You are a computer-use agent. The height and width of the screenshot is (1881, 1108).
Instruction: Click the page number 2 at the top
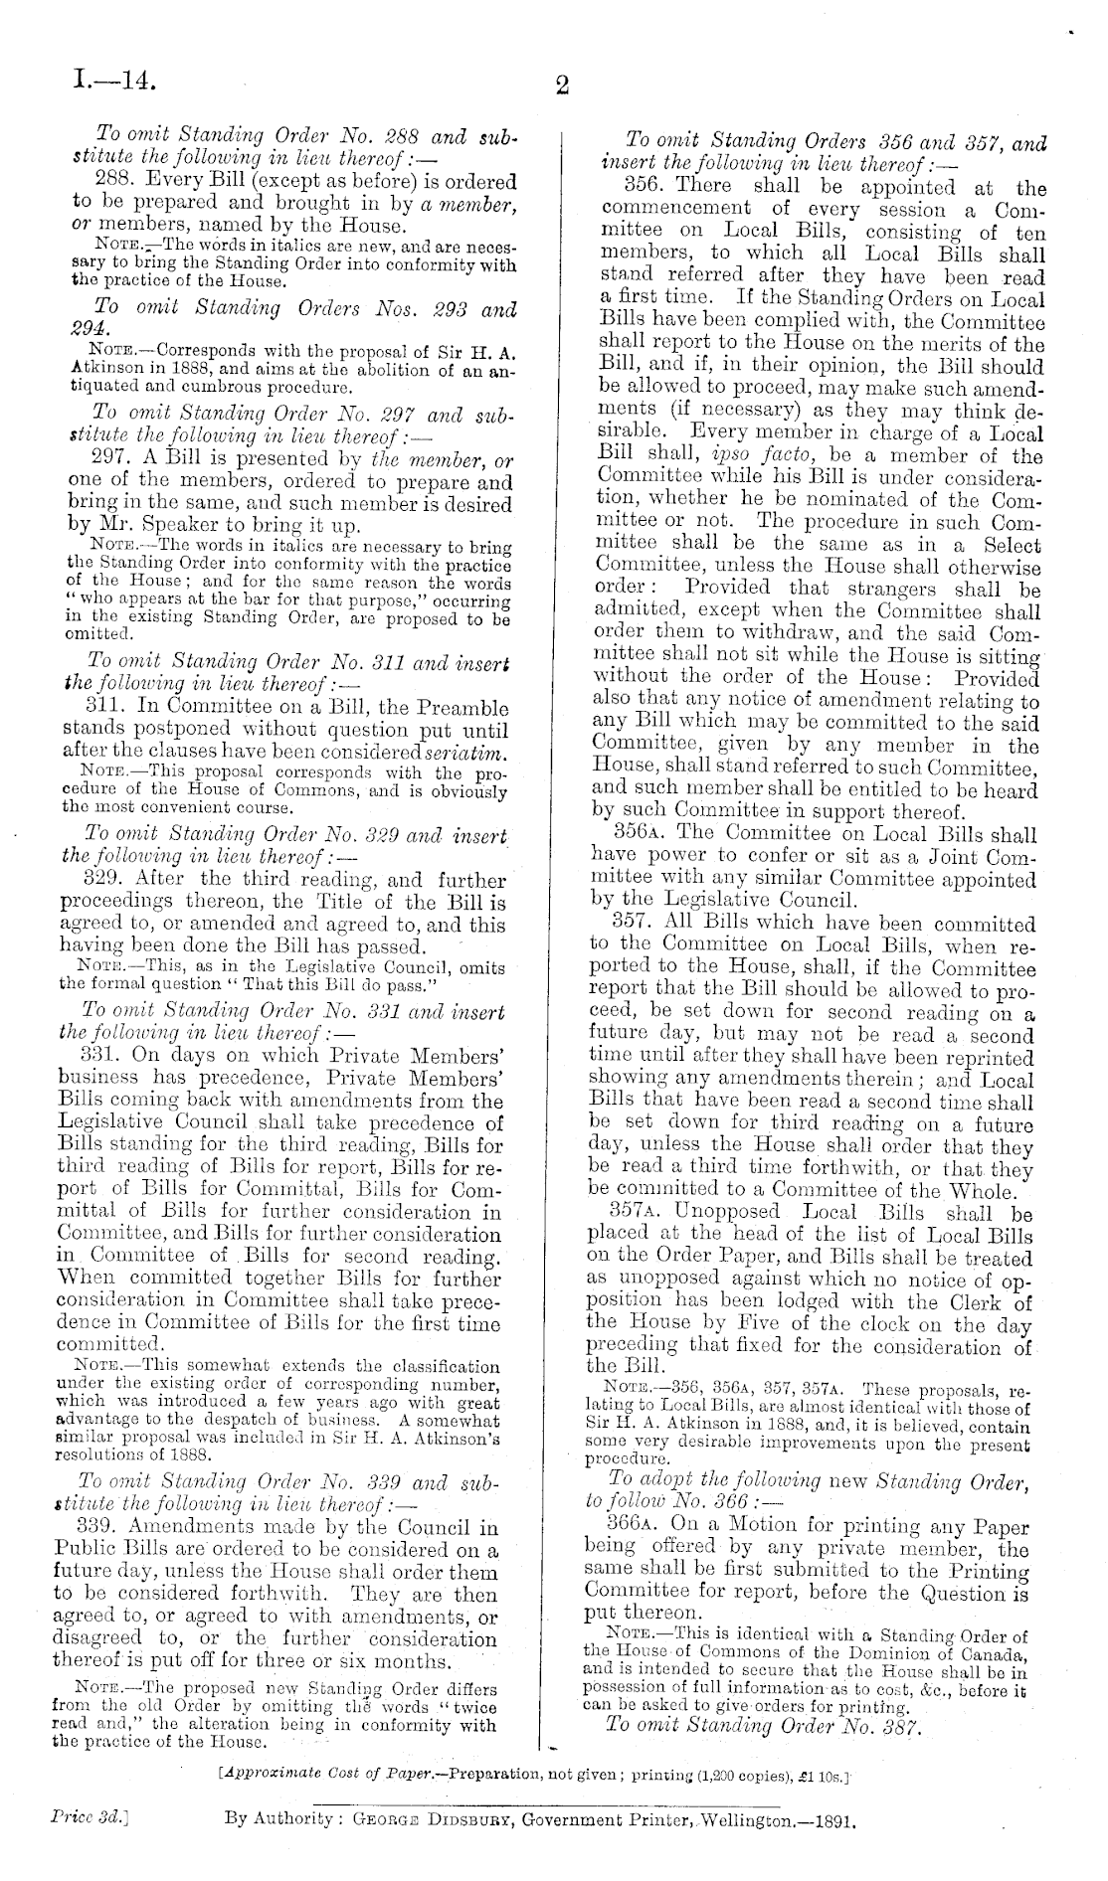point(561,86)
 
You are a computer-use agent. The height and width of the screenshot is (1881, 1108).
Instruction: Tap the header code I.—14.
point(115,79)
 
